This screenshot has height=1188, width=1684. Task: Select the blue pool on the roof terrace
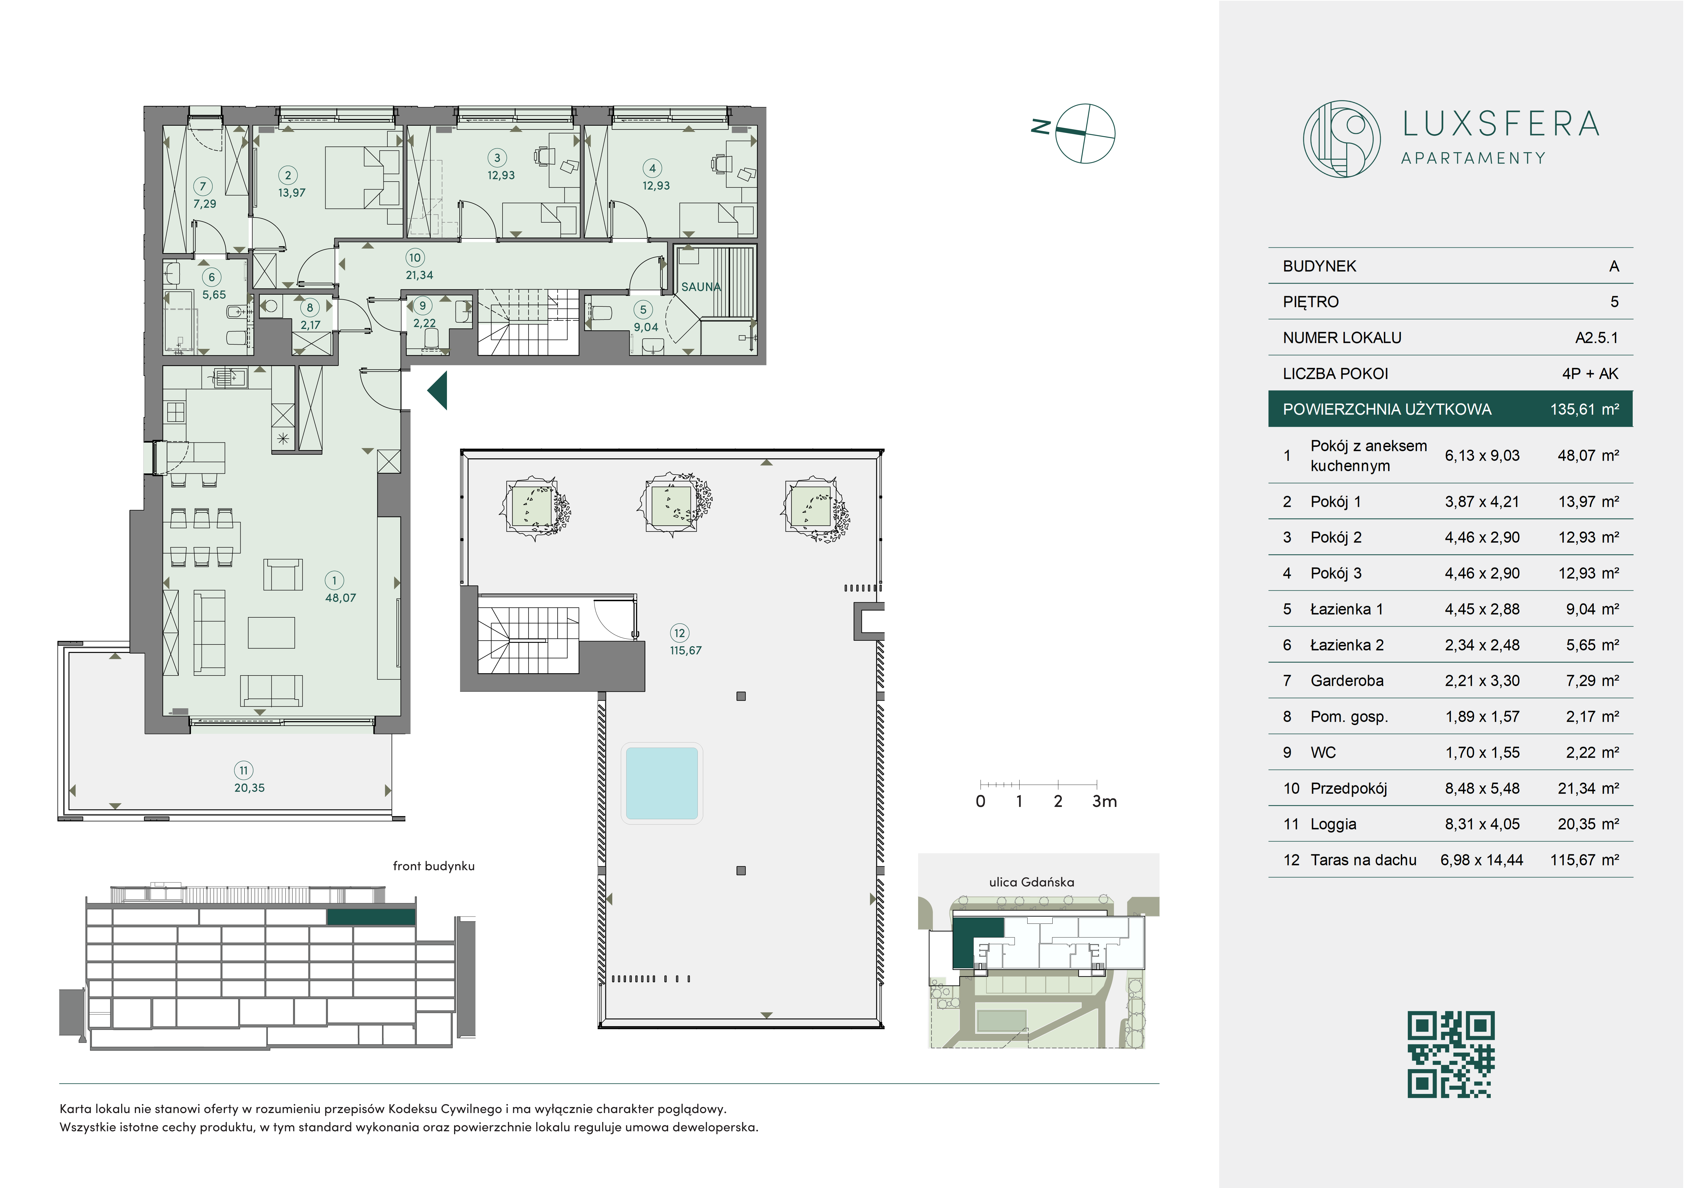(x=661, y=783)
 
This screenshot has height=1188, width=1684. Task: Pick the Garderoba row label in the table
(x=1347, y=681)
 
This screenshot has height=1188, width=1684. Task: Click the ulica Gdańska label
(x=1031, y=882)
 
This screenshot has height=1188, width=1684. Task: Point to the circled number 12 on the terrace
(x=679, y=633)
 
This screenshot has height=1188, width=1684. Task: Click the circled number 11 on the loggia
(x=243, y=770)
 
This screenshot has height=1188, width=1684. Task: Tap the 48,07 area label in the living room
(x=340, y=598)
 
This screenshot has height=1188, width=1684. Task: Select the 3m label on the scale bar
(x=1104, y=802)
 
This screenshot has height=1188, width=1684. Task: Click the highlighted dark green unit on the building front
(x=371, y=917)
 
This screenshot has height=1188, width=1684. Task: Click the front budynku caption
(x=434, y=866)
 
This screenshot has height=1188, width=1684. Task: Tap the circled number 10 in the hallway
(x=415, y=257)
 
